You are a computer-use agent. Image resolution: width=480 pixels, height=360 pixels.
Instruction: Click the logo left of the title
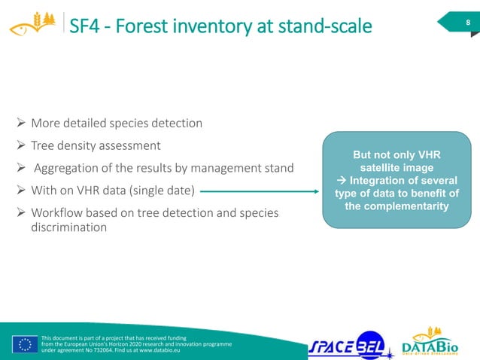pos(31,25)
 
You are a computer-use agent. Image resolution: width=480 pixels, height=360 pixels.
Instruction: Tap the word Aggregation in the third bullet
pos(71,167)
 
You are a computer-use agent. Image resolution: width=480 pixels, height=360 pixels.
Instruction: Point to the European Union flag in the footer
pos(25,344)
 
